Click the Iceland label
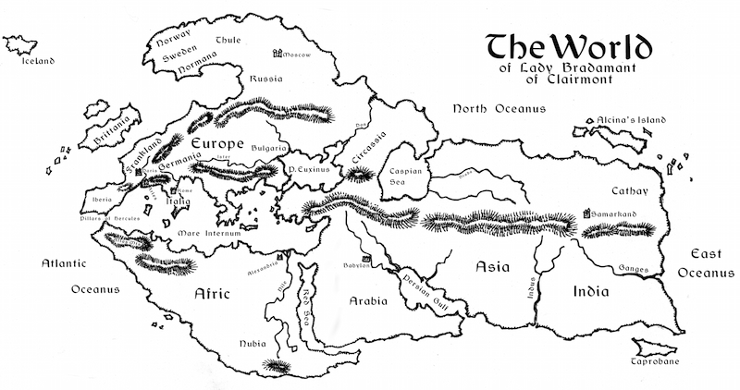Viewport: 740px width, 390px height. pos(34,62)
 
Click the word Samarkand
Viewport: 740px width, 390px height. pos(618,215)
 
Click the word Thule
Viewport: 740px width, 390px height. pos(228,40)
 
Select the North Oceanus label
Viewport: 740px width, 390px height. pos(498,109)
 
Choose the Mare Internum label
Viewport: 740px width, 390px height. pos(209,233)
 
